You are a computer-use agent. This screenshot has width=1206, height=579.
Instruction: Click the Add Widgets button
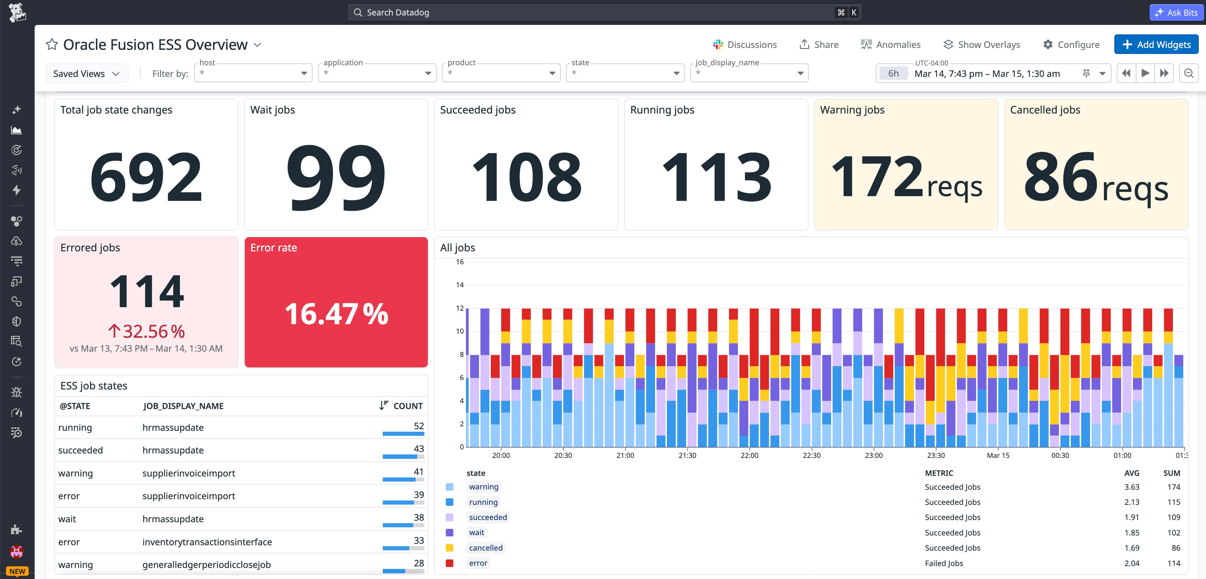coord(1156,44)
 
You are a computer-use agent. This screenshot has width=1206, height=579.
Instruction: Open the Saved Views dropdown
coord(87,73)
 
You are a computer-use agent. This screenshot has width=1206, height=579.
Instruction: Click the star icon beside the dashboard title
coord(51,44)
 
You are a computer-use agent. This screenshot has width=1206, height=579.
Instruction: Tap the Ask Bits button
coord(1176,13)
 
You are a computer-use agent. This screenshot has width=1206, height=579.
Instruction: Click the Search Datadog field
coord(604,13)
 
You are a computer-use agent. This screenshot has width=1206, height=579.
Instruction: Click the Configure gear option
coord(1072,44)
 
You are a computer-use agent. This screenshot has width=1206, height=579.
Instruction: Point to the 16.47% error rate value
coord(336,313)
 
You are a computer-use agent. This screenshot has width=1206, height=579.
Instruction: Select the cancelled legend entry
coord(485,547)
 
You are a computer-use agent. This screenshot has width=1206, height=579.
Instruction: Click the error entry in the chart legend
coord(478,563)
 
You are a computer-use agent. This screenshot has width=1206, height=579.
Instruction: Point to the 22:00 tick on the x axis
coord(749,455)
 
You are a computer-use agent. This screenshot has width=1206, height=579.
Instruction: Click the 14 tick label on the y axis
coord(460,285)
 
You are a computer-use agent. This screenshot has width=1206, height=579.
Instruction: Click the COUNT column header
coord(407,406)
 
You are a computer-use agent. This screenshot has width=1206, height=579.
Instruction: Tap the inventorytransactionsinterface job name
coord(207,542)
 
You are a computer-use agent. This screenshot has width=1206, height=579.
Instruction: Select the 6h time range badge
coord(893,73)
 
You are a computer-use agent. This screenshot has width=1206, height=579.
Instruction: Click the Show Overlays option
coord(982,44)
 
